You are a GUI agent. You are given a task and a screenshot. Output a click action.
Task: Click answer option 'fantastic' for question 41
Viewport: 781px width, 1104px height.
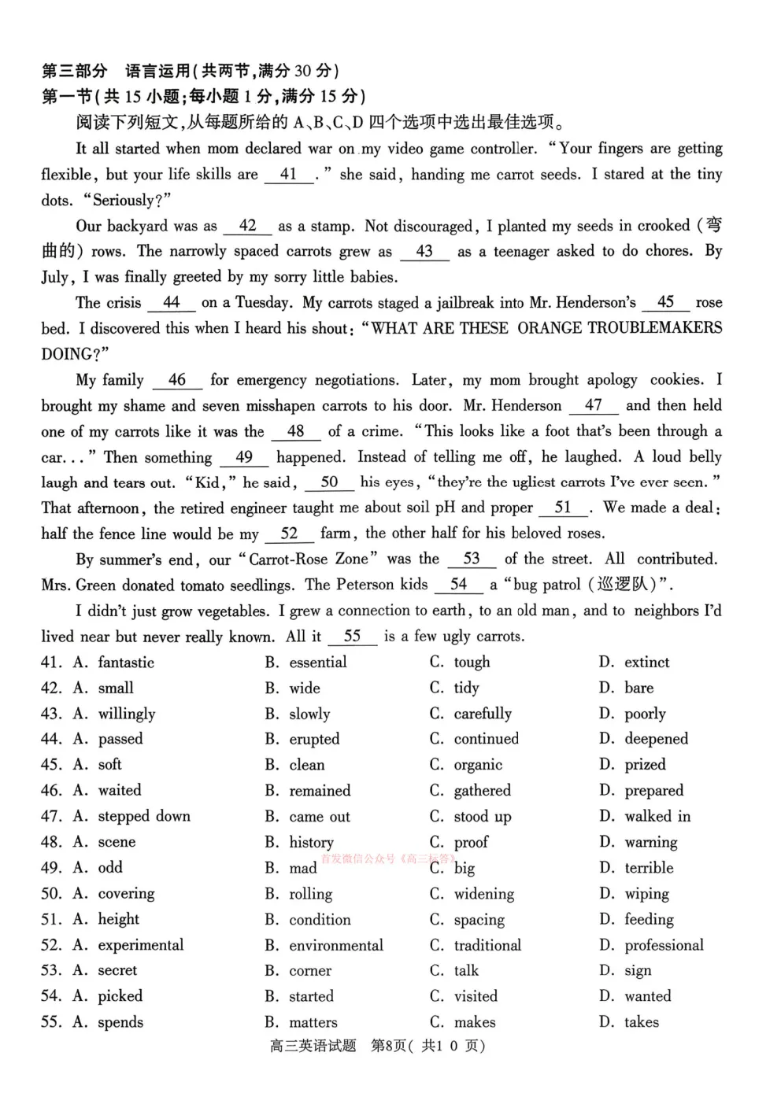125,663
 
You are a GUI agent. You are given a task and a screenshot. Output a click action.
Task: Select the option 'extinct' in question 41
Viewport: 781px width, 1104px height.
646,663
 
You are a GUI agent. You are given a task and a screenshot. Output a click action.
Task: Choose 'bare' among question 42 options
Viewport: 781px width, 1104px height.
638,688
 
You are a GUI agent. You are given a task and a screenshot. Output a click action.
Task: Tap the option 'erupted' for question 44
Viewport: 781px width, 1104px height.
314,739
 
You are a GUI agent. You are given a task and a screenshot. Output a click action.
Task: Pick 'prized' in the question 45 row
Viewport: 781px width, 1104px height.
645,765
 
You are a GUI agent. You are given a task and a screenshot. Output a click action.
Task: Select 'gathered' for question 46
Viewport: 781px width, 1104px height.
482,791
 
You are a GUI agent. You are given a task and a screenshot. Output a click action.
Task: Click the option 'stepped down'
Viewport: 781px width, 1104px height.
143,816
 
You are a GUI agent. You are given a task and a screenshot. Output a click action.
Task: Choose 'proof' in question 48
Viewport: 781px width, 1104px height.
471,843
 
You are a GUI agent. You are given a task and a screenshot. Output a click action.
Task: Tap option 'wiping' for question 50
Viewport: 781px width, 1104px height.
646,894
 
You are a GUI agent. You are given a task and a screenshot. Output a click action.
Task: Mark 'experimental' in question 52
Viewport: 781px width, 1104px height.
140,945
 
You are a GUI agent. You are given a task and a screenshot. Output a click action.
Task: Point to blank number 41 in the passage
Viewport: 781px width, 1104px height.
288,175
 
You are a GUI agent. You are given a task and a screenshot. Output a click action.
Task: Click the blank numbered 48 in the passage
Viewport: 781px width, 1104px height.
296,431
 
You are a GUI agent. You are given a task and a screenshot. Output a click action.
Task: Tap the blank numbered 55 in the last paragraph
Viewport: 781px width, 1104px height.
352,637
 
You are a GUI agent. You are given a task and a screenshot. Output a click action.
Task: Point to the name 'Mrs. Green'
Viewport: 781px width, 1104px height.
77,585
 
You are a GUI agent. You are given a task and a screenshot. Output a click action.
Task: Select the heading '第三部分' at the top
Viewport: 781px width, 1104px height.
74,71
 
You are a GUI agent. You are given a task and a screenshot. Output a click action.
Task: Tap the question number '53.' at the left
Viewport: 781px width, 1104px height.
51,971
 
